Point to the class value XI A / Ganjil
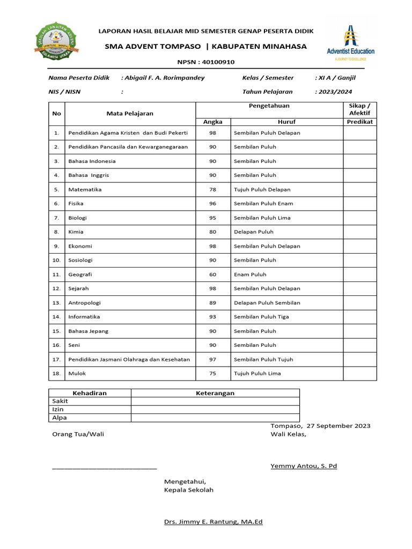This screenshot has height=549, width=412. tap(337, 78)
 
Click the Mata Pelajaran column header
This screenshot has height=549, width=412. tap(130, 113)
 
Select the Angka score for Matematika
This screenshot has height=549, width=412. tap(212, 189)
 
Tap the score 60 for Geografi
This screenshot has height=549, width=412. tap(212, 274)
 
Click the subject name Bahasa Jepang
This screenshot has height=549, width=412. tap(89, 331)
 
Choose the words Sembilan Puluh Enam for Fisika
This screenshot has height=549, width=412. tap(263, 203)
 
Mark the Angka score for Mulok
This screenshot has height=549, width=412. tap(212, 373)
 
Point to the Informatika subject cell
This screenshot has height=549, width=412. tap(84, 316)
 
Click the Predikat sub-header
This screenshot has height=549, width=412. tap(360, 122)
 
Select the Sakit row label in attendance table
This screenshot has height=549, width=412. tap(60, 401)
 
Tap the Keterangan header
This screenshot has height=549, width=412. tap(215, 393)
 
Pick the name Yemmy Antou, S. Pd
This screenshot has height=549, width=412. tap(304, 466)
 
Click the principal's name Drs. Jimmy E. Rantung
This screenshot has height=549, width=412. tap(213, 521)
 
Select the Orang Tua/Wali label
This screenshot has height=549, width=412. tap(78, 434)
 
